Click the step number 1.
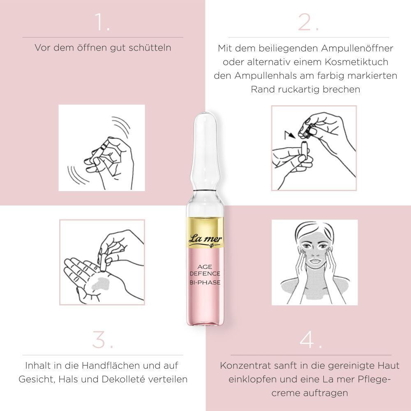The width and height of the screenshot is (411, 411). coord(102,22)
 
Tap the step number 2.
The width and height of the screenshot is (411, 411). coord(308,22)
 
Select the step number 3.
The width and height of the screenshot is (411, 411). coord(102,339)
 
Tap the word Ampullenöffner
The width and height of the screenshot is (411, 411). coord(357,48)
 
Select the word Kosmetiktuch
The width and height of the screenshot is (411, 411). coord(356,62)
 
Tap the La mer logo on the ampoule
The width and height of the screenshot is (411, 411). coord(205,240)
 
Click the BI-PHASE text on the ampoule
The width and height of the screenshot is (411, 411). coord(205,282)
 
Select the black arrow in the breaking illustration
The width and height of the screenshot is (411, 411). coord(290,135)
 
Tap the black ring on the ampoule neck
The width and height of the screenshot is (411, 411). coord(205,189)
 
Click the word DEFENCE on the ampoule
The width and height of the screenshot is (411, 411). coord(205,274)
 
